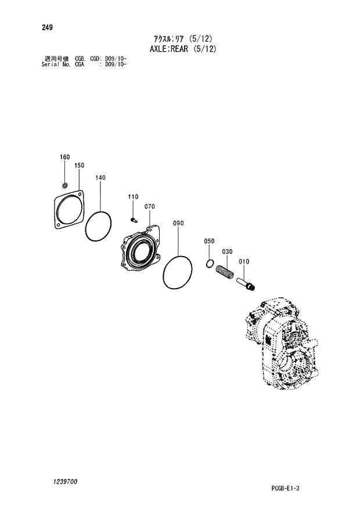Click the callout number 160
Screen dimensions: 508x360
click(65, 157)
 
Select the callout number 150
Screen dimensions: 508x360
click(80, 165)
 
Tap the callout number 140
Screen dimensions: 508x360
click(100, 178)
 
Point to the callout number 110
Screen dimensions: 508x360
click(132, 197)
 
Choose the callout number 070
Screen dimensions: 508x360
click(149, 207)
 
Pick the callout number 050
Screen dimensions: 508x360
click(209, 241)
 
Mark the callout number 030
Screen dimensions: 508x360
click(227, 252)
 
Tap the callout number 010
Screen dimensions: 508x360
click(244, 262)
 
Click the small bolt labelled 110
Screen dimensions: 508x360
click(133, 219)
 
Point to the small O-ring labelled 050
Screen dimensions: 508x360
click(210, 265)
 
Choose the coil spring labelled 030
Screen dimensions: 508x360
click(225, 272)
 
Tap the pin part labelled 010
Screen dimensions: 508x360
click(247, 284)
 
